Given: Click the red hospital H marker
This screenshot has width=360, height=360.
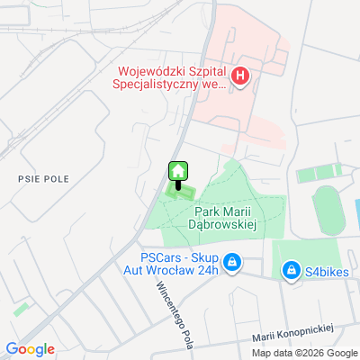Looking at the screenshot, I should pyautogui.click(x=240, y=76).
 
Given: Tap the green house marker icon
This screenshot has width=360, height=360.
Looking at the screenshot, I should pyautogui.click(x=178, y=171).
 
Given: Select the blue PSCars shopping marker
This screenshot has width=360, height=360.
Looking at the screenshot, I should pyautogui.click(x=232, y=262).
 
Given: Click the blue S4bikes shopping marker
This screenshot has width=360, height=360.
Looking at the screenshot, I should pyautogui.click(x=291, y=270).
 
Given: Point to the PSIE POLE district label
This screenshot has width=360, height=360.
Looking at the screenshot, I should pyautogui.click(x=38, y=178).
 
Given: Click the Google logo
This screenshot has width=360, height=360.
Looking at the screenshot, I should pyautogui.click(x=30, y=349).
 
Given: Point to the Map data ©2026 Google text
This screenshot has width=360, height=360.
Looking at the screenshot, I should pyautogui.click(x=303, y=352).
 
